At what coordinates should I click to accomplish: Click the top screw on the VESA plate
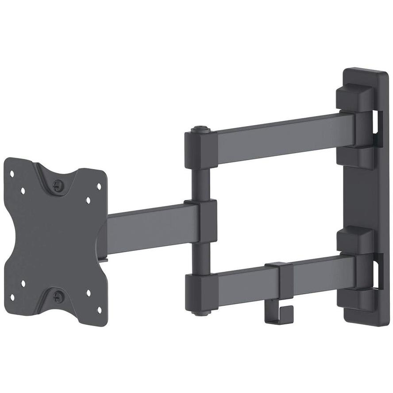click(x=58, y=186)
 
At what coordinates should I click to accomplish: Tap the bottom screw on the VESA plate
click(x=58, y=297)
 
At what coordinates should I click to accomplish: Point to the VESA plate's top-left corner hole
click(x=12, y=174)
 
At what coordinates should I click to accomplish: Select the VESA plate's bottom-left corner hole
click(x=12, y=297)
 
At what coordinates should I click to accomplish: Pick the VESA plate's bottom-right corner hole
click(x=99, y=308)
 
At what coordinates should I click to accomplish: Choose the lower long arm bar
click(x=310, y=271)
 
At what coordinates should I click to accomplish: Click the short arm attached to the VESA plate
click(x=146, y=228)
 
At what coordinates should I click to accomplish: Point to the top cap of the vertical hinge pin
click(x=200, y=130)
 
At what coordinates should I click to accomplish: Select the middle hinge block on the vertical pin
click(x=201, y=221)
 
